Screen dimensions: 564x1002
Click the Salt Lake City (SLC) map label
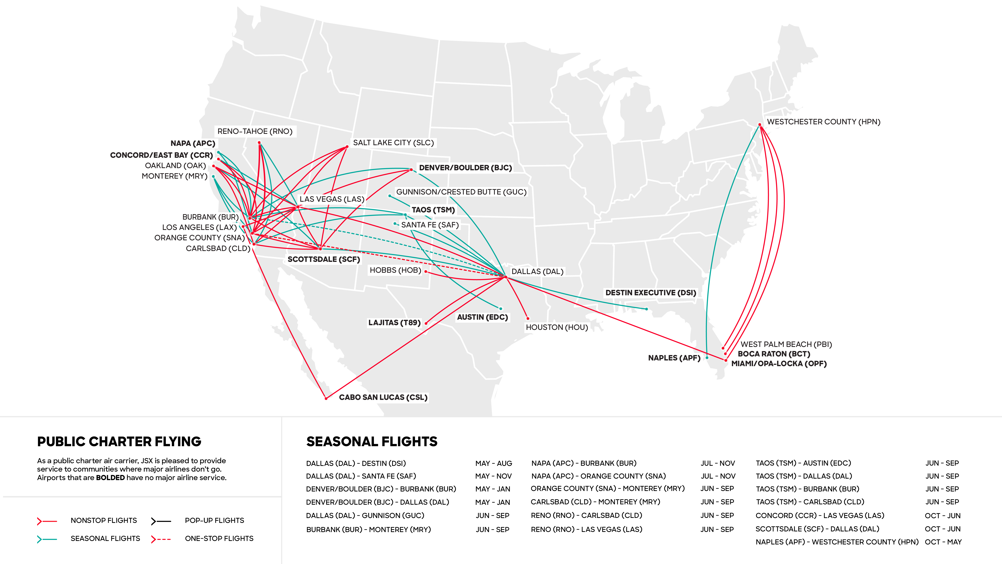393,143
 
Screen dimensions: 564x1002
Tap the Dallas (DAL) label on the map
537,272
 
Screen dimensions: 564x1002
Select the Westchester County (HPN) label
823,122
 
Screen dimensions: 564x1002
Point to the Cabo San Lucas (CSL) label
383,397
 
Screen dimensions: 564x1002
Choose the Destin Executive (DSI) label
650,293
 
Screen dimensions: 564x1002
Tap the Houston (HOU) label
557,327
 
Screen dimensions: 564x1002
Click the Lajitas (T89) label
394,323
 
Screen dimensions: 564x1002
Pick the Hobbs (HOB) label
395,270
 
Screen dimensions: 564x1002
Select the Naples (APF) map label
674,358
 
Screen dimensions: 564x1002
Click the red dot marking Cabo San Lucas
326,398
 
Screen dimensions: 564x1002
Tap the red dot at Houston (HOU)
528,318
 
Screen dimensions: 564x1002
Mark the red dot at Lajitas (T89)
426,323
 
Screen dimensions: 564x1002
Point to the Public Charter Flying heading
119,442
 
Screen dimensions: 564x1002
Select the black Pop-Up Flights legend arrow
161,521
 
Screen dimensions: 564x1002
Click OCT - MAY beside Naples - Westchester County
943,542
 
